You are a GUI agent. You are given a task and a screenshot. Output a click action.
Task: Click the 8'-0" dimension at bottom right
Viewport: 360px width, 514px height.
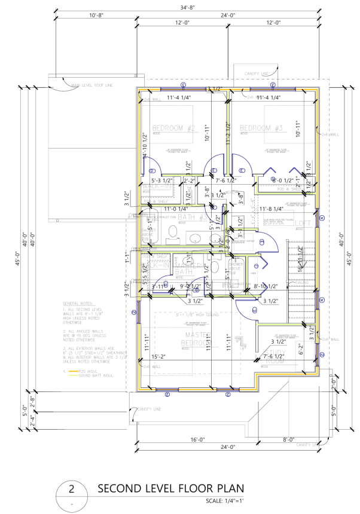click(x=288, y=439)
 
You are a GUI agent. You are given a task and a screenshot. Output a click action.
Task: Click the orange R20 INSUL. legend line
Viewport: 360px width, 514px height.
click(x=75, y=371)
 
